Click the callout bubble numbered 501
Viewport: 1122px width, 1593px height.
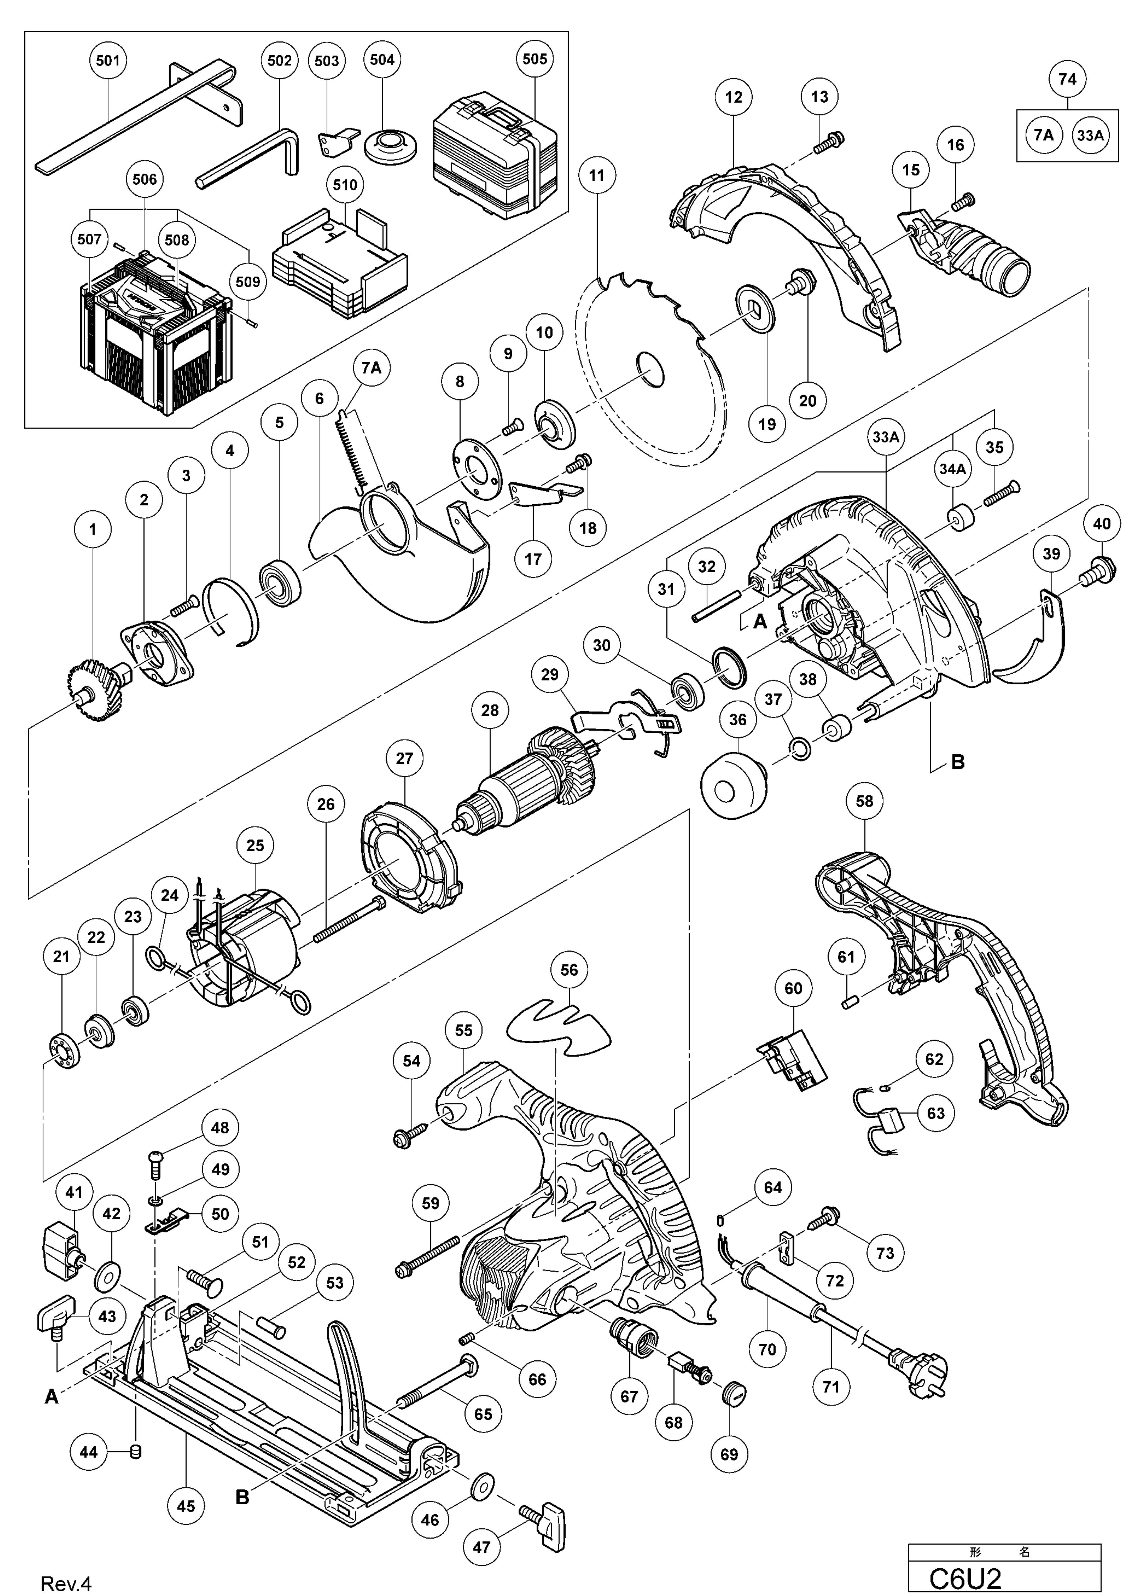click(108, 60)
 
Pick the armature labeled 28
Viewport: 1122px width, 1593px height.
click(527, 784)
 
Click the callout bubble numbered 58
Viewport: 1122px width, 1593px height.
click(864, 801)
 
